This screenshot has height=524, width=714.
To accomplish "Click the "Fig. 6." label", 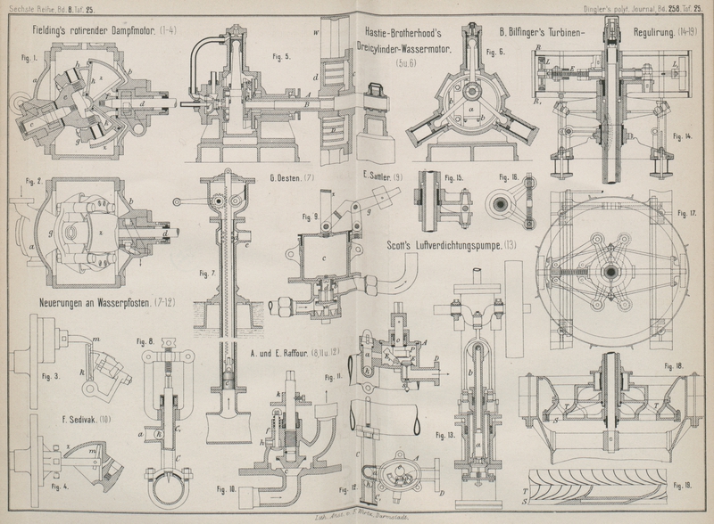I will click(496, 52).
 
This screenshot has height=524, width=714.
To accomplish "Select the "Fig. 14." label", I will click(685, 136).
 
